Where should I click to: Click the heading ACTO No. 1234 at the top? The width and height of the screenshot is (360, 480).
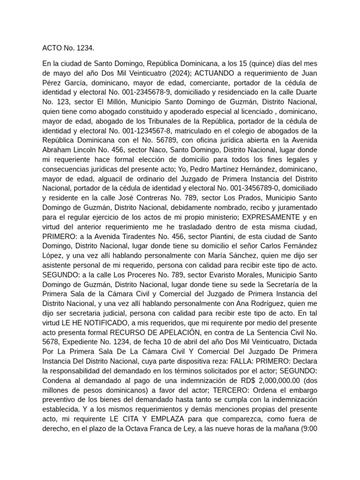pos(68,48)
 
